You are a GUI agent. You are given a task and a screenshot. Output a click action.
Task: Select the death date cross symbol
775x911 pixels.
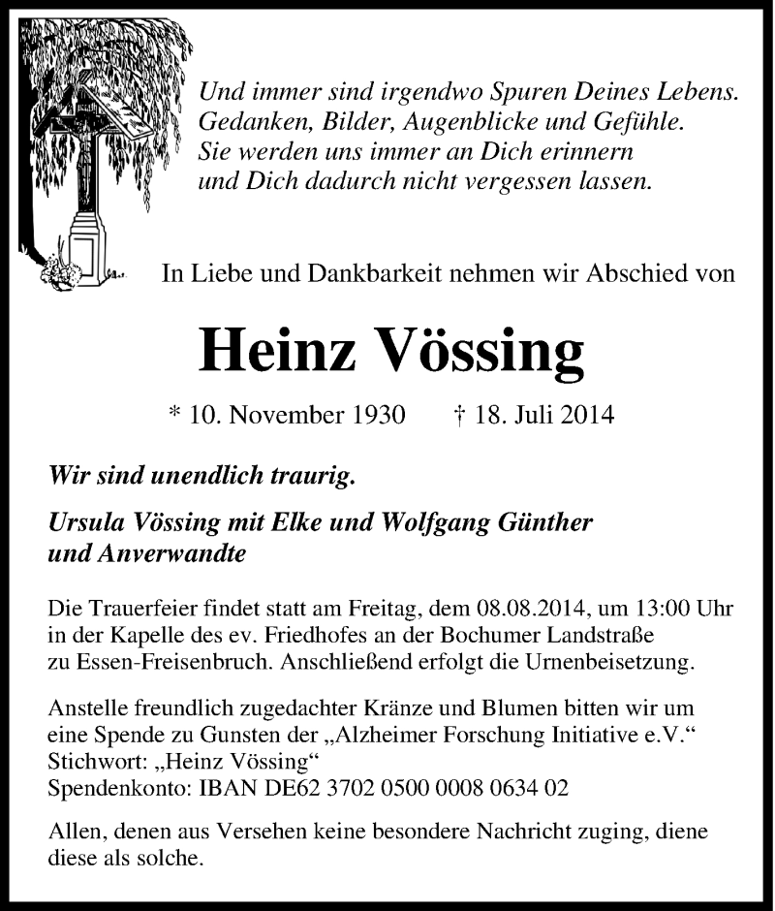click(460, 415)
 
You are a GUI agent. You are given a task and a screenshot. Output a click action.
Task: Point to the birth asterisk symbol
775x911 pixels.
click(175, 415)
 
